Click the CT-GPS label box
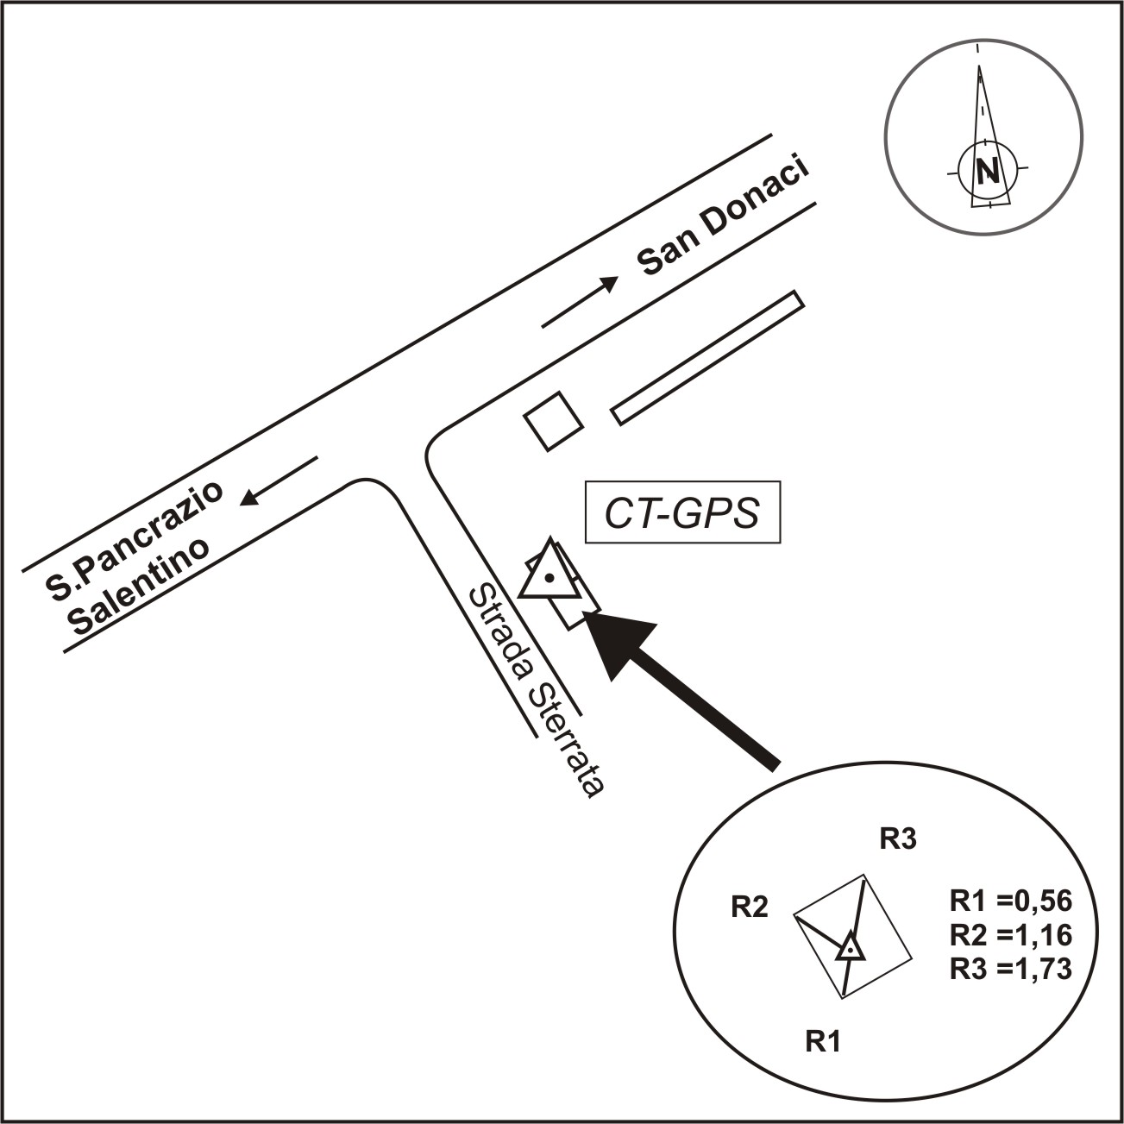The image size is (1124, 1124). pyautogui.click(x=682, y=512)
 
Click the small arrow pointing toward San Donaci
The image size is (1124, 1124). pyautogui.click(x=580, y=302)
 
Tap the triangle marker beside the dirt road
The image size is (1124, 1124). pyautogui.click(x=548, y=574)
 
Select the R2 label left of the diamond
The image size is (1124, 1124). pyautogui.click(x=749, y=907)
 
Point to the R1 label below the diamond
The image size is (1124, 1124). pyautogui.click(x=822, y=1041)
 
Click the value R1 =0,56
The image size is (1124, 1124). pyautogui.click(x=1010, y=901)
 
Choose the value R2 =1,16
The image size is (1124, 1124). pyautogui.click(x=1010, y=935)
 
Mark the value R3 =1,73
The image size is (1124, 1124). pyautogui.click(x=1010, y=969)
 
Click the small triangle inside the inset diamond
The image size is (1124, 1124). pyautogui.click(x=851, y=946)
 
